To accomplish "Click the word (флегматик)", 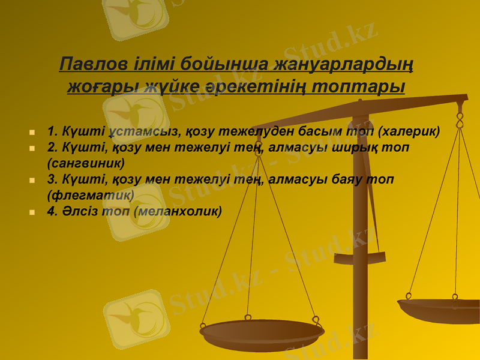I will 90,194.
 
